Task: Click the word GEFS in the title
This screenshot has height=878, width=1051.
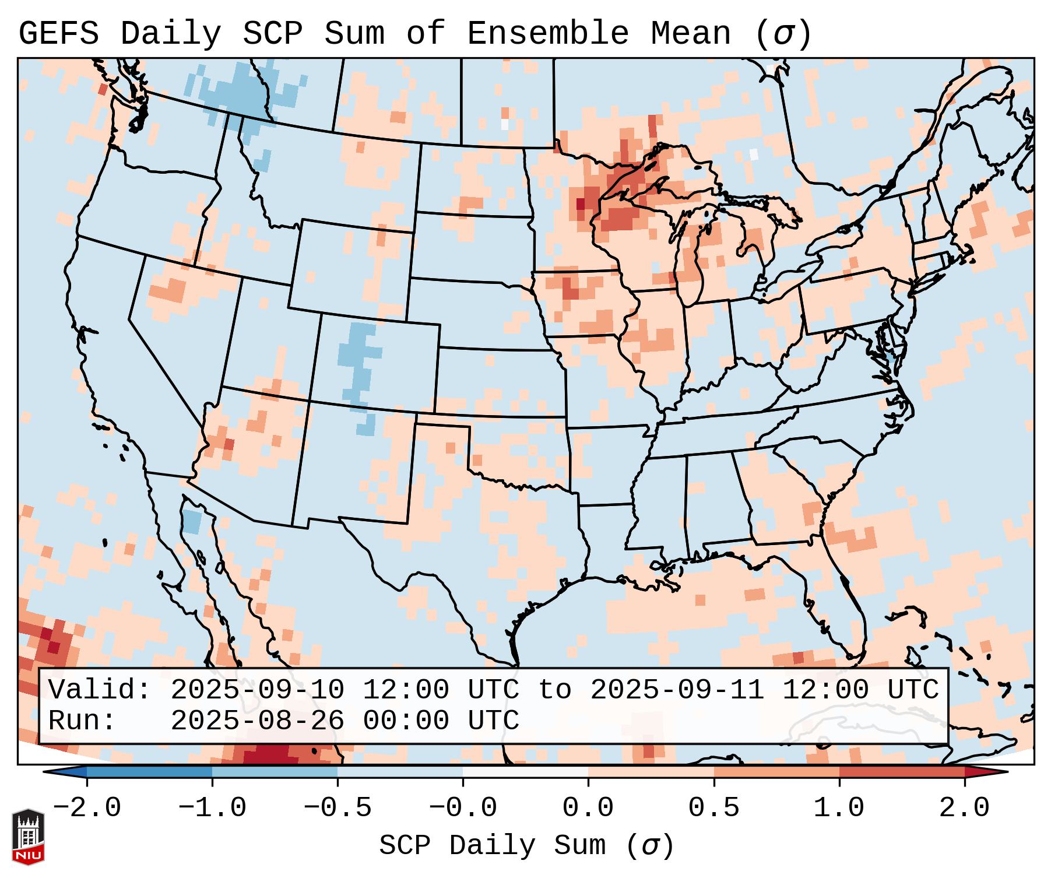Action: (x=58, y=34)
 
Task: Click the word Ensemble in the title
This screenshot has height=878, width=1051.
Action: (x=548, y=34)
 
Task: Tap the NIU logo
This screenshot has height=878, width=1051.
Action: (x=28, y=837)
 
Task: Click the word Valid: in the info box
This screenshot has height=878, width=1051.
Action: (x=100, y=690)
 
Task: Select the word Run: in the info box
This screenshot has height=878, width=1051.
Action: (x=82, y=721)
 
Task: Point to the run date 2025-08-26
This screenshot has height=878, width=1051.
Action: (x=257, y=721)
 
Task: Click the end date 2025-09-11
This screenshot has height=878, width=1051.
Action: (x=677, y=690)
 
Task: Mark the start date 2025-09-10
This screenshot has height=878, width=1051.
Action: (x=257, y=690)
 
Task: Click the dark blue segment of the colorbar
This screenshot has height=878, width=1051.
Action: (x=149, y=772)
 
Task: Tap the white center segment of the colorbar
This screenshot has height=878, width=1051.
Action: (x=525, y=772)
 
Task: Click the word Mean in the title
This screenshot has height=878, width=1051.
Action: (x=691, y=34)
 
